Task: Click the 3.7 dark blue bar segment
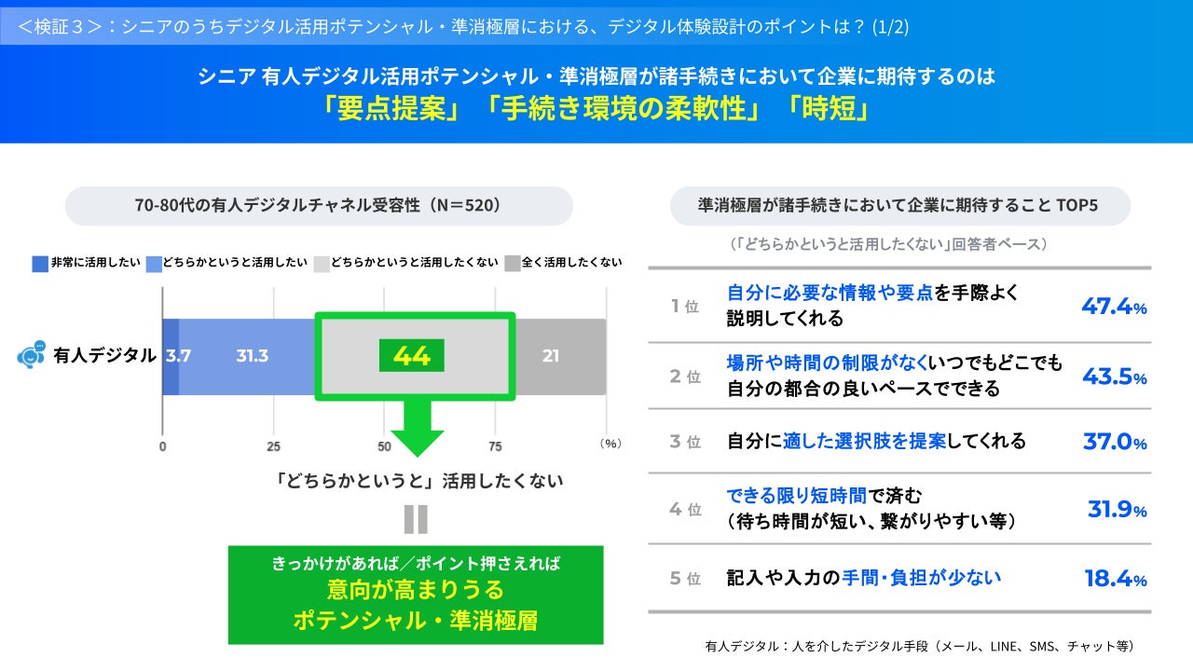pyautogui.click(x=171, y=356)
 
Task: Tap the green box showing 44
pyautogui.click(x=411, y=356)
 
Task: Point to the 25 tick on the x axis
pyautogui.click(x=273, y=445)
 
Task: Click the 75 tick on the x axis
pyautogui.click(x=495, y=445)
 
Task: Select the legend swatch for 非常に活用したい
pyautogui.click(x=39, y=264)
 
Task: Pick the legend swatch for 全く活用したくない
pyautogui.click(x=512, y=264)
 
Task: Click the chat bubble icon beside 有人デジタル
pyautogui.click(x=32, y=355)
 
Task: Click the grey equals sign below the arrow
pyautogui.click(x=416, y=519)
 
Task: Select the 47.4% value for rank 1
pyautogui.click(x=1114, y=306)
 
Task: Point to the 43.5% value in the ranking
pyautogui.click(x=1114, y=377)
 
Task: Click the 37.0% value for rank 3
pyautogui.click(x=1114, y=442)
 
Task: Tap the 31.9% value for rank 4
pyautogui.click(x=1117, y=509)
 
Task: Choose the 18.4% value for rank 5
pyautogui.click(x=1115, y=579)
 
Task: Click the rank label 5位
pyautogui.click(x=685, y=579)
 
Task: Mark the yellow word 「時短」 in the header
pyautogui.click(x=828, y=109)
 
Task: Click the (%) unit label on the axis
pyautogui.click(x=610, y=445)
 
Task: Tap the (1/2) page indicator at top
pyautogui.click(x=890, y=26)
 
